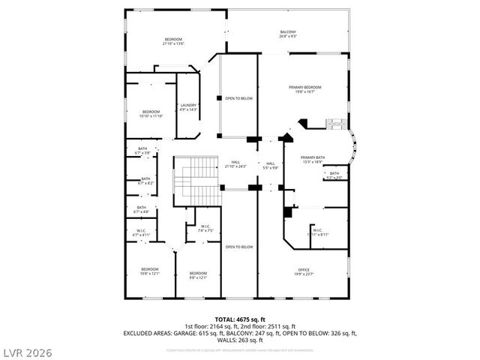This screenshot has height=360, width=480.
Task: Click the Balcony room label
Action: coord(288,34)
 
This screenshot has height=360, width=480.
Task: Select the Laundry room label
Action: coord(188,107)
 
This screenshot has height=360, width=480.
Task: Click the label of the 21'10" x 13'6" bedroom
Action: coord(173,40)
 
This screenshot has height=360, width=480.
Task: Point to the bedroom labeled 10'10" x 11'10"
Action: coord(151,114)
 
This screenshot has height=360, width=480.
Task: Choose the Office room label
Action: coord(303,272)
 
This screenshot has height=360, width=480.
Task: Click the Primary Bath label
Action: coord(312,159)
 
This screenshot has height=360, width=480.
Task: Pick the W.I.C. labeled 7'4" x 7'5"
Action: coord(205,229)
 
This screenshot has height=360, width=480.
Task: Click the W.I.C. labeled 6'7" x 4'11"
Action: coord(141,232)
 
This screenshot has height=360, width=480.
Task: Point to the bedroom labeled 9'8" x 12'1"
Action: coord(198,274)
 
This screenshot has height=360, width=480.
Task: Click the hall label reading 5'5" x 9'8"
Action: coord(270,166)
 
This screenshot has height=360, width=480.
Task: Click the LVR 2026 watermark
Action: coord(27,349)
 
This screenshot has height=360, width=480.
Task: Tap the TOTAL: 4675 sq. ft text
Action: coord(239,319)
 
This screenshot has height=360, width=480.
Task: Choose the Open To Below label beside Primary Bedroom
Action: coord(238,98)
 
